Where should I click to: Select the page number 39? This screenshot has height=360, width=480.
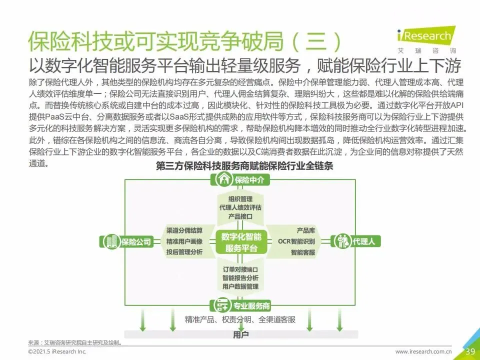coord(470,351)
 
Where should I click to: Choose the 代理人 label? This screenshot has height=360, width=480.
coord(363,242)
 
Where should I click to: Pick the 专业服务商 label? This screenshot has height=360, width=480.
coord(252,305)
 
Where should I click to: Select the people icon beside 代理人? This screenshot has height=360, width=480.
coord(342,242)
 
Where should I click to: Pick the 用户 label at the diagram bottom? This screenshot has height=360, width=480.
coord(241,334)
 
